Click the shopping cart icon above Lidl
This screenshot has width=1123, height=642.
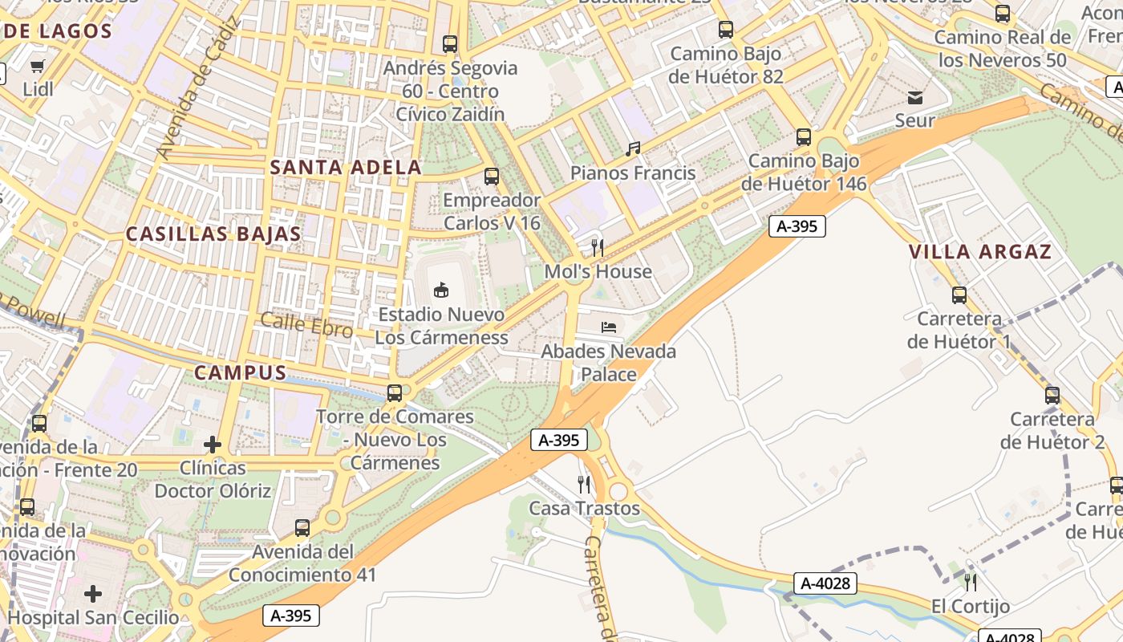point(37,66)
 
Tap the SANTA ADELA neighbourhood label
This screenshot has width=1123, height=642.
point(346,168)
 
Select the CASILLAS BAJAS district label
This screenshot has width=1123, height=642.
point(213,234)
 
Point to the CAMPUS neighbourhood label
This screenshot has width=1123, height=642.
point(241,373)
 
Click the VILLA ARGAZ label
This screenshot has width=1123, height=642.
point(979,252)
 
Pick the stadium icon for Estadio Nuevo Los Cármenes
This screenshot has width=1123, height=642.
point(440,290)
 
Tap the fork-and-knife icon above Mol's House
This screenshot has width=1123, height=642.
point(597,247)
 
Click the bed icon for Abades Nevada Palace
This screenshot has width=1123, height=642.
point(609,327)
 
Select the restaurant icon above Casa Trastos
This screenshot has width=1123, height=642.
point(584,484)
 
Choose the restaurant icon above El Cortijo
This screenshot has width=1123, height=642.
point(971,582)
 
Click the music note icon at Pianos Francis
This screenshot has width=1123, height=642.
point(633,148)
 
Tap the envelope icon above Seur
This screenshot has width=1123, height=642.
point(915,98)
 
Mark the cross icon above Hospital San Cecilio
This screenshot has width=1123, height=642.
point(93,594)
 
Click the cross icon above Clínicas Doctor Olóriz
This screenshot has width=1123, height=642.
point(213,444)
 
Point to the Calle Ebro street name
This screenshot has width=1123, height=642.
point(306,325)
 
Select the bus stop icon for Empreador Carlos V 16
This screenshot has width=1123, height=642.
point(492,176)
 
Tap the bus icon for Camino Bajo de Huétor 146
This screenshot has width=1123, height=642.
point(804,137)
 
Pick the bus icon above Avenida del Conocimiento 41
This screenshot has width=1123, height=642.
point(302,528)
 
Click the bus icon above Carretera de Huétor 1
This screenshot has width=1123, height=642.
point(959,295)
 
